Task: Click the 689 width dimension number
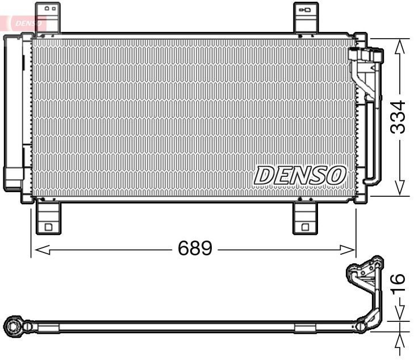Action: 195,248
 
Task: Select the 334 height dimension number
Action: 399,117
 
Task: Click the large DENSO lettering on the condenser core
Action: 299,175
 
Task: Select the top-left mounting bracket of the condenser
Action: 48,17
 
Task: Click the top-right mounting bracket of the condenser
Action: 306,17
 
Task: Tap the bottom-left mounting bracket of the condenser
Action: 48,217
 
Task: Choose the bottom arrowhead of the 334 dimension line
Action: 399,189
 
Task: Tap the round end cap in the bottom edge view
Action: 12,326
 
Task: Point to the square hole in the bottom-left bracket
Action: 48,227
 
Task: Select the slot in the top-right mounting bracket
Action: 306,10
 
